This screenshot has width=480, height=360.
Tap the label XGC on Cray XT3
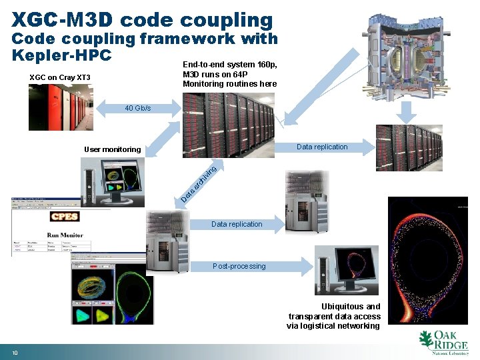60,78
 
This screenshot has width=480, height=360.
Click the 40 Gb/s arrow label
138,108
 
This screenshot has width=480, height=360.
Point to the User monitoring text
112,149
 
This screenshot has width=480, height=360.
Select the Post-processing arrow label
239,266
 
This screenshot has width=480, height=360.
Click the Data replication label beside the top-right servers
322,147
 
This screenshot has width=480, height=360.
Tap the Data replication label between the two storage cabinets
237,224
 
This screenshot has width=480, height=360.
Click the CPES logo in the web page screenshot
65,217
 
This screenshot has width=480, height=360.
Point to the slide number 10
14,352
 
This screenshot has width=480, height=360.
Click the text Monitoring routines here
229,83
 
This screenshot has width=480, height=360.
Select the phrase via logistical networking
333,326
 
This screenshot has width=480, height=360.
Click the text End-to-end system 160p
229,65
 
